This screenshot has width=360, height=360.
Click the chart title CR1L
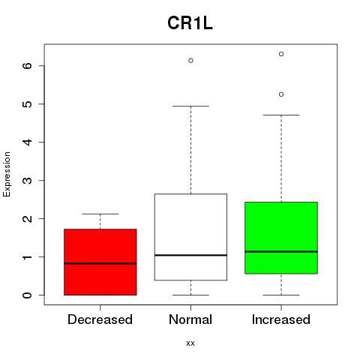(x=190, y=23)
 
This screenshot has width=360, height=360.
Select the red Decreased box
(x=100, y=262)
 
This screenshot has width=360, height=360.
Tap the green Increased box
(x=281, y=238)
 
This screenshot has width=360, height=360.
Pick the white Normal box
(x=190, y=237)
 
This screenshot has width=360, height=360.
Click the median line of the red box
(x=100, y=263)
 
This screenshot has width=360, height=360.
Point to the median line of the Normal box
(x=190, y=255)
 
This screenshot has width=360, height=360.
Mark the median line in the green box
(x=281, y=251)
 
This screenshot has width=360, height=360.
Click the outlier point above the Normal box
(x=190, y=61)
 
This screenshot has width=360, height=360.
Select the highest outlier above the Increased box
(x=281, y=54)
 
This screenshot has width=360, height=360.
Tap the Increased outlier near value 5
(x=281, y=94)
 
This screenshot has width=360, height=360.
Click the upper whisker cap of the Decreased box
(x=100, y=214)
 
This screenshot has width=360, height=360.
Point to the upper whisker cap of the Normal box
(x=190, y=106)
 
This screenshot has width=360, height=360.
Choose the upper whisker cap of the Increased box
(x=281, y=115)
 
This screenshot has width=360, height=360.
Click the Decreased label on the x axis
(x=100, y=319)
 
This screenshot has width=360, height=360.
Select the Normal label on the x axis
(x=190, y=319)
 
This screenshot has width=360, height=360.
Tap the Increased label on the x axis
(x=281, y=319)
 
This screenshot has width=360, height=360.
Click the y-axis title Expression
(x=7, y=174)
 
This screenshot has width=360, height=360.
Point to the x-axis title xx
(x=190, y=343)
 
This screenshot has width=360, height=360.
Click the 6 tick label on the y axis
(x=27, y=66)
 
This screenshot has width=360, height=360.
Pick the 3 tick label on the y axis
(x=27, y=181)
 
